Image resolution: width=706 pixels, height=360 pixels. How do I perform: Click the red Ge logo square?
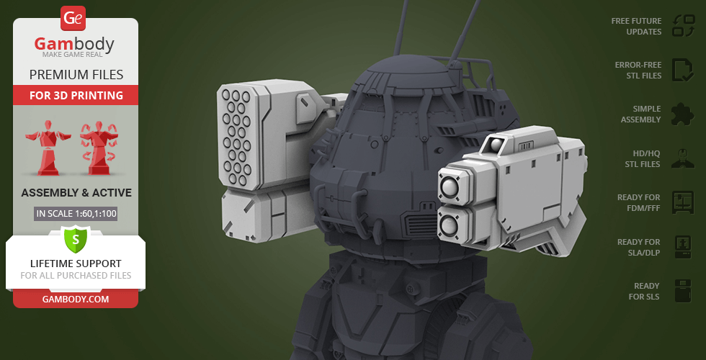click(73, 18)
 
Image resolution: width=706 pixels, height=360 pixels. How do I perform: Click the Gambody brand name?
click(74, 44)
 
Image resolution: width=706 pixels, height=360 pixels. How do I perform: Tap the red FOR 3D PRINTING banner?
click(76, 95)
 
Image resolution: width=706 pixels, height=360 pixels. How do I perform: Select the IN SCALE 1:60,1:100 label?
click(76, 214)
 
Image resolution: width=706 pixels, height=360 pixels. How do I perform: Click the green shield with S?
click(76, 239)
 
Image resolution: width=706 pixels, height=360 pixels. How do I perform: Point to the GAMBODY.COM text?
click(76, 300)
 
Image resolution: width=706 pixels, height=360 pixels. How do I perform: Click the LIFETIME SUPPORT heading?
click(76, 264)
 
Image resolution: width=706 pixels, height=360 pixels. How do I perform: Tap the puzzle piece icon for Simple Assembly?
click(683, 114)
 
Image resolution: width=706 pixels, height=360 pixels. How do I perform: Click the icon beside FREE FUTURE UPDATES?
click(683, 26)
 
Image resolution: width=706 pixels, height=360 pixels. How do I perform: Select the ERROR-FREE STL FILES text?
click(638, 71)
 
